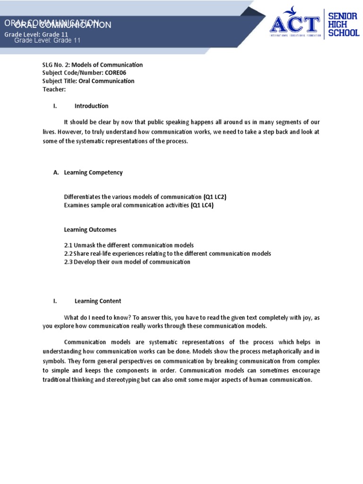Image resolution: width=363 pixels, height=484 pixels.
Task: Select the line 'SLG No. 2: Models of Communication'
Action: click(x=92, y=65)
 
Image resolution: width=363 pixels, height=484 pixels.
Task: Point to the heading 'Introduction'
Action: click(x=91, y=106)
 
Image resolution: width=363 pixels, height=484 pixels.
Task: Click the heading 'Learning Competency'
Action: click(x=93, y=173)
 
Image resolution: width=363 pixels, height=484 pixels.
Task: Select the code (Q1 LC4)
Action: click(x=202, y=205)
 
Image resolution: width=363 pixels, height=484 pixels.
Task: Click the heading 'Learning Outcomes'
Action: click(x=90, y=230)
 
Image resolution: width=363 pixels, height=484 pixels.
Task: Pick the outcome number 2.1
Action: click(x=68, y=246)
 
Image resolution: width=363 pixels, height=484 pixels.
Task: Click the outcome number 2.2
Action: click(x=68, y=254)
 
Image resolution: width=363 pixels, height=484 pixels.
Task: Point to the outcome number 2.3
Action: click(x=68, y=262)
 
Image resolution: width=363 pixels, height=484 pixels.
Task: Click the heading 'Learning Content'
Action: click(x=98, y=301)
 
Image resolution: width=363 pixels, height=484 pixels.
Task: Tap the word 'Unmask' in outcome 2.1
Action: click(x=85, y=246)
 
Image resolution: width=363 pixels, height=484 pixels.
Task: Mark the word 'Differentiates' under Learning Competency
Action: click(x=83, y=197)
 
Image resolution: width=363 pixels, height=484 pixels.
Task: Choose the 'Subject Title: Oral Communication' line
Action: click(x=88, y=81)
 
